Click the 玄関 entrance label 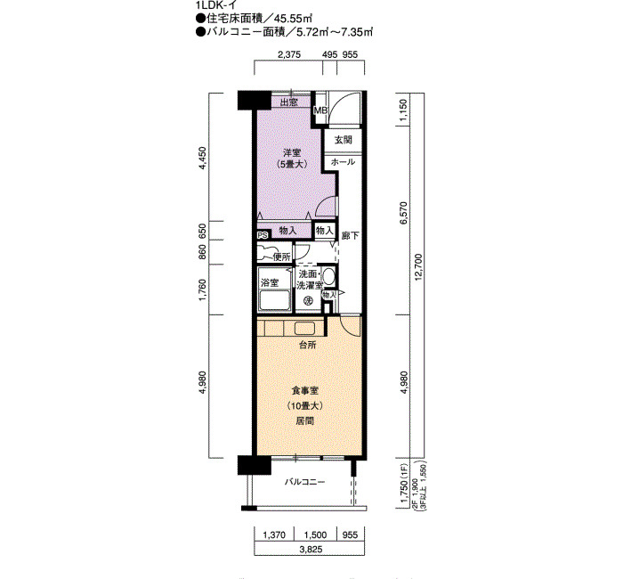coord(343,140)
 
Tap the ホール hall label coord(343,162)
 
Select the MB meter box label coord(320,110)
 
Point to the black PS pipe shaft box coord(263,235)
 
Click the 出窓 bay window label coord(289,102)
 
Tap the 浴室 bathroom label coord(270,283)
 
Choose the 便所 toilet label coord(282,257)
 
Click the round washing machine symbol coord(308,301)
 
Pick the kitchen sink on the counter coord(304,329)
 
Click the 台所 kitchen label coord(308,345)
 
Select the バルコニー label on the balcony coord(304,483)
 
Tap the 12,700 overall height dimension coord(418,266)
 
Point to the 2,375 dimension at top coord(289,54)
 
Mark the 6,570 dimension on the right coord(404,213)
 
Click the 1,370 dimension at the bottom coord(274,534)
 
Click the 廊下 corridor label coord(350,235)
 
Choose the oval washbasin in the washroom coord(328,276)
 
